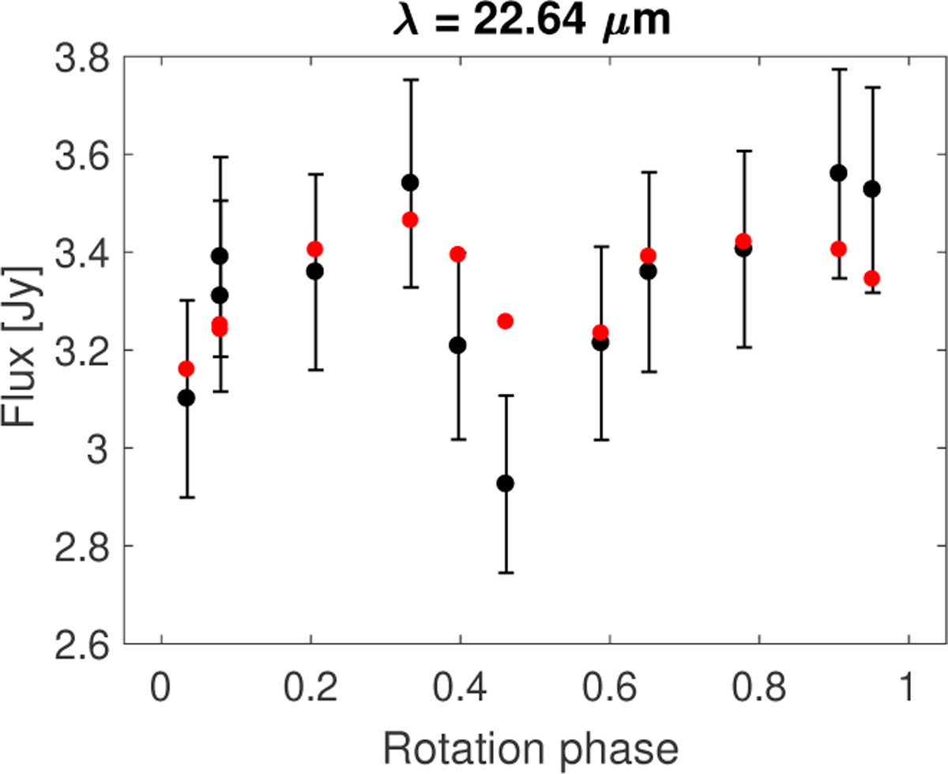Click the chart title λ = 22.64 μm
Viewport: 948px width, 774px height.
(x=531, y=21)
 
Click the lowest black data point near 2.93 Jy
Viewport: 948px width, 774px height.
(x=505, y=483)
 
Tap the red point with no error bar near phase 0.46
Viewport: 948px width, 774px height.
(x=505, y=321)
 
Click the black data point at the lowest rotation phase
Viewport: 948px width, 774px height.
(x=186, y=397)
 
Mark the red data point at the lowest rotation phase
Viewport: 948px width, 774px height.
(x=186, y=368)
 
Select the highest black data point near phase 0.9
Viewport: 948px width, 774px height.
(x=839, y=173)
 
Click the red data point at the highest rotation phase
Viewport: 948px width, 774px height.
(x=872, y=278)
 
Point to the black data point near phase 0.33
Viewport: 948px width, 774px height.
(x=409, y=182)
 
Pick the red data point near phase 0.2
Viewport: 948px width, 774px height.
(x=315, y=249)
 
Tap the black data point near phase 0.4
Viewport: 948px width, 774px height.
(x=457, y=345)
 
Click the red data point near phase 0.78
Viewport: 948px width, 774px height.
(x=743, y=240)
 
